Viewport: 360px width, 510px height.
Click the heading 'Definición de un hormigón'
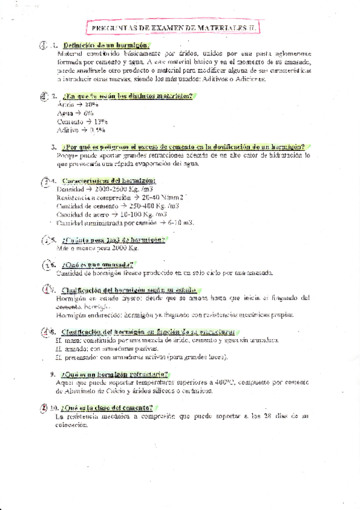(x=106, y=46)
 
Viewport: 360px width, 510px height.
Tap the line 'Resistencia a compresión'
(x=121, y=197)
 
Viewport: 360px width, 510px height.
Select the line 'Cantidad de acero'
(x=112, y=214)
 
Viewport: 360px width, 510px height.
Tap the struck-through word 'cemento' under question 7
(x=68, y=306)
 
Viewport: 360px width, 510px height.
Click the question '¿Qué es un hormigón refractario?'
(x=117, y=373)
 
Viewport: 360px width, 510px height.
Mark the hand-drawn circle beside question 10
(x=44, y=407)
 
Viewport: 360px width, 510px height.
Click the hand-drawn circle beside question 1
(x=42, y=46)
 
